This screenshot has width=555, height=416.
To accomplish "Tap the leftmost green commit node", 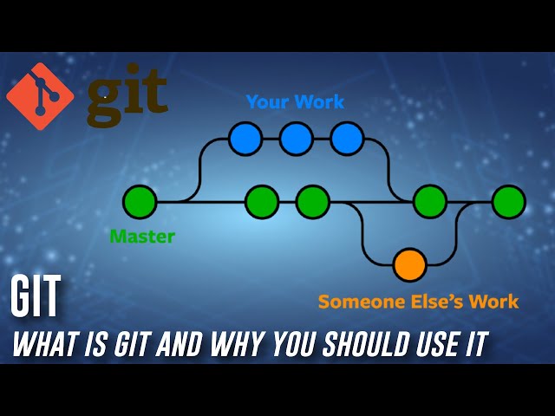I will (140, 202).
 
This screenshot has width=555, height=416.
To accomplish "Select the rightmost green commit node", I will (509, 202).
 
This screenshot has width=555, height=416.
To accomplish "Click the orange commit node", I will (409, 265).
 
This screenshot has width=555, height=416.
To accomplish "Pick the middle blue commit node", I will (296, 139).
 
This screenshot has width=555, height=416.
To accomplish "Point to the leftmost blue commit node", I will (245, 139).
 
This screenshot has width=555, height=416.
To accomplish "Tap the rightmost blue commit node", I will (347, 139).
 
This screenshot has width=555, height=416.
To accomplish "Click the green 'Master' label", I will (142, 237).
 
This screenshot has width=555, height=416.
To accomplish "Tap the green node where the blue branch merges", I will (430, 202).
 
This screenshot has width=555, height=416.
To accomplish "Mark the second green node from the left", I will (262, 202).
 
